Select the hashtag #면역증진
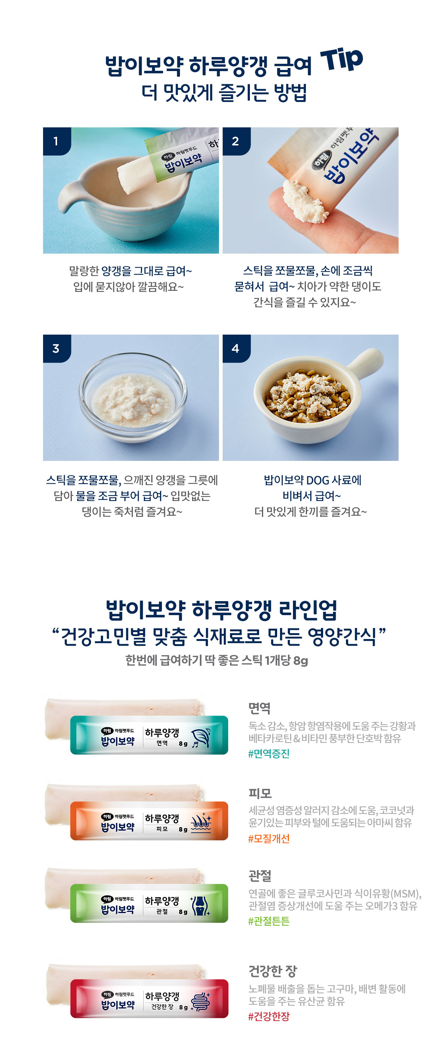coord(269,754)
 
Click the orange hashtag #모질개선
coord(269,839)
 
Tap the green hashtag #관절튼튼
coord(269,921)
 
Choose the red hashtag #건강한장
coord(269,1016)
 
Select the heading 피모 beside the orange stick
coord(260,793)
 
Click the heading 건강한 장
coord(273,971)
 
